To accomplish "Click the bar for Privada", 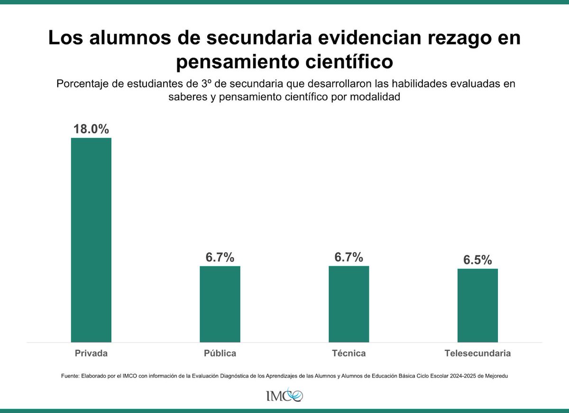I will coord(91,240).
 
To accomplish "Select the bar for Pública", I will coord(220,304).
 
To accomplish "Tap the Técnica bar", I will coord(349,304).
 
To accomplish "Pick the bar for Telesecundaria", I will coord(477,305).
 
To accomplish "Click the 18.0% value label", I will coord(91,129).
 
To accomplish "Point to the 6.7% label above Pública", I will coord(220,257).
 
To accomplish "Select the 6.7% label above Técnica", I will coord(349,257).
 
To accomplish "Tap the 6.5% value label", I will coord(477,260).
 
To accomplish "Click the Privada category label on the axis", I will coord(91,353).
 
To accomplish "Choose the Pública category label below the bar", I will coord(220,353).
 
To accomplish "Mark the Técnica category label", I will coord(349,353).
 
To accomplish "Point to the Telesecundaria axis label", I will coord(477,353).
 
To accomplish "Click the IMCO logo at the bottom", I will coord(284,395).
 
